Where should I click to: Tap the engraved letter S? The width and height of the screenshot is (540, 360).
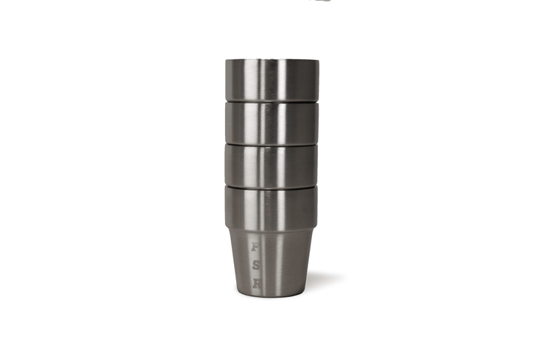tap(256, 264)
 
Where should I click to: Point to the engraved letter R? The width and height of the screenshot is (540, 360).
tap(256, 283)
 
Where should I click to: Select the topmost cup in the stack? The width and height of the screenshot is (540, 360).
tap(271, 79)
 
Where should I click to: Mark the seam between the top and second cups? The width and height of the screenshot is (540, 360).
tap(271, 100)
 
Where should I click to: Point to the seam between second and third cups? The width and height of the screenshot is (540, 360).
tap(271, 142)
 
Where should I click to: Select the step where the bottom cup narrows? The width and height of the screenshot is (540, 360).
tap(271, 226)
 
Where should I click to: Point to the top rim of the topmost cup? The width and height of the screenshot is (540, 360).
tap(271, 60)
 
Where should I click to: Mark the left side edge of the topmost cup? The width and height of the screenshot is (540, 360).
tap(225, 79)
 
